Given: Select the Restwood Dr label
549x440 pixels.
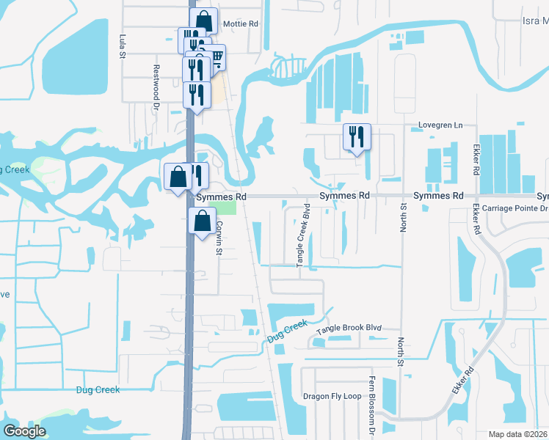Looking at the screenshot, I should point(156,78).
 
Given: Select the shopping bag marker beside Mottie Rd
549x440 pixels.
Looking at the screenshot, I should point(203,20).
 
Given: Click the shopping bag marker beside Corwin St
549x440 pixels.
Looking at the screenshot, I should point(202,221).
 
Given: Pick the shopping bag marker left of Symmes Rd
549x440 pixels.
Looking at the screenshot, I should point(178,176).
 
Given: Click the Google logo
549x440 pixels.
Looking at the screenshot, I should point(24,431).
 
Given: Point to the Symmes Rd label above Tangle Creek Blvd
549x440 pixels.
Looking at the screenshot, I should point(343,197).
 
